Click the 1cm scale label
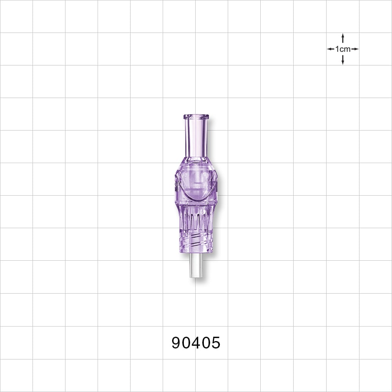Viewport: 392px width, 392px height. point(343,49)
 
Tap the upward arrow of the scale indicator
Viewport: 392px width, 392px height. point(343,38)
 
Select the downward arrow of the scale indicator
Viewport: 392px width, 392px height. point(343,60)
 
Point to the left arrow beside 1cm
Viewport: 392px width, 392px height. point(330,49)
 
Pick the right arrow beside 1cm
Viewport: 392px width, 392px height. point(355,49)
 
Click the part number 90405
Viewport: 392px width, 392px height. point(196,343)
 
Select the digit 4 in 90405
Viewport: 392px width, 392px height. point(196,343)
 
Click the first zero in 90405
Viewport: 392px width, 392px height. point(186,343)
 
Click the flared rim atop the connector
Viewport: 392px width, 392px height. point(196,117)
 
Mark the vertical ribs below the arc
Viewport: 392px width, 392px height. point(196,218)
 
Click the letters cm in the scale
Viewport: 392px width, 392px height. point(346,49)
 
